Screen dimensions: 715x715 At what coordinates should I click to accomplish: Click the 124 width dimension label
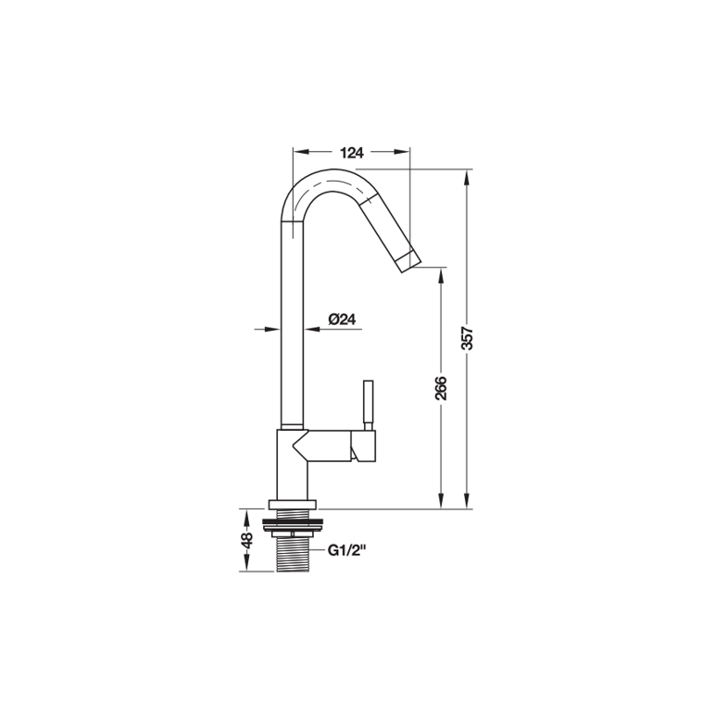tap(353, 153)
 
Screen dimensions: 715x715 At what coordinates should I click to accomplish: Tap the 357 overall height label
tap(468, 337)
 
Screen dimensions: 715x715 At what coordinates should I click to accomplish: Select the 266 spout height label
tap(441, 388)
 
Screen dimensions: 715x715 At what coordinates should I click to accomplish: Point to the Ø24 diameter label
tap(342, 320)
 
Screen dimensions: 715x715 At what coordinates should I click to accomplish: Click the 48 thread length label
tap(246, 540)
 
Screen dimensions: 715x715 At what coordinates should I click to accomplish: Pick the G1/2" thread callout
tap(347, 551)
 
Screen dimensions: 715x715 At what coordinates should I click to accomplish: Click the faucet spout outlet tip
tap(410, 263)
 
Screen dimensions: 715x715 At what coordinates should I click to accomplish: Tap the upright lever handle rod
tap(368, 405)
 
